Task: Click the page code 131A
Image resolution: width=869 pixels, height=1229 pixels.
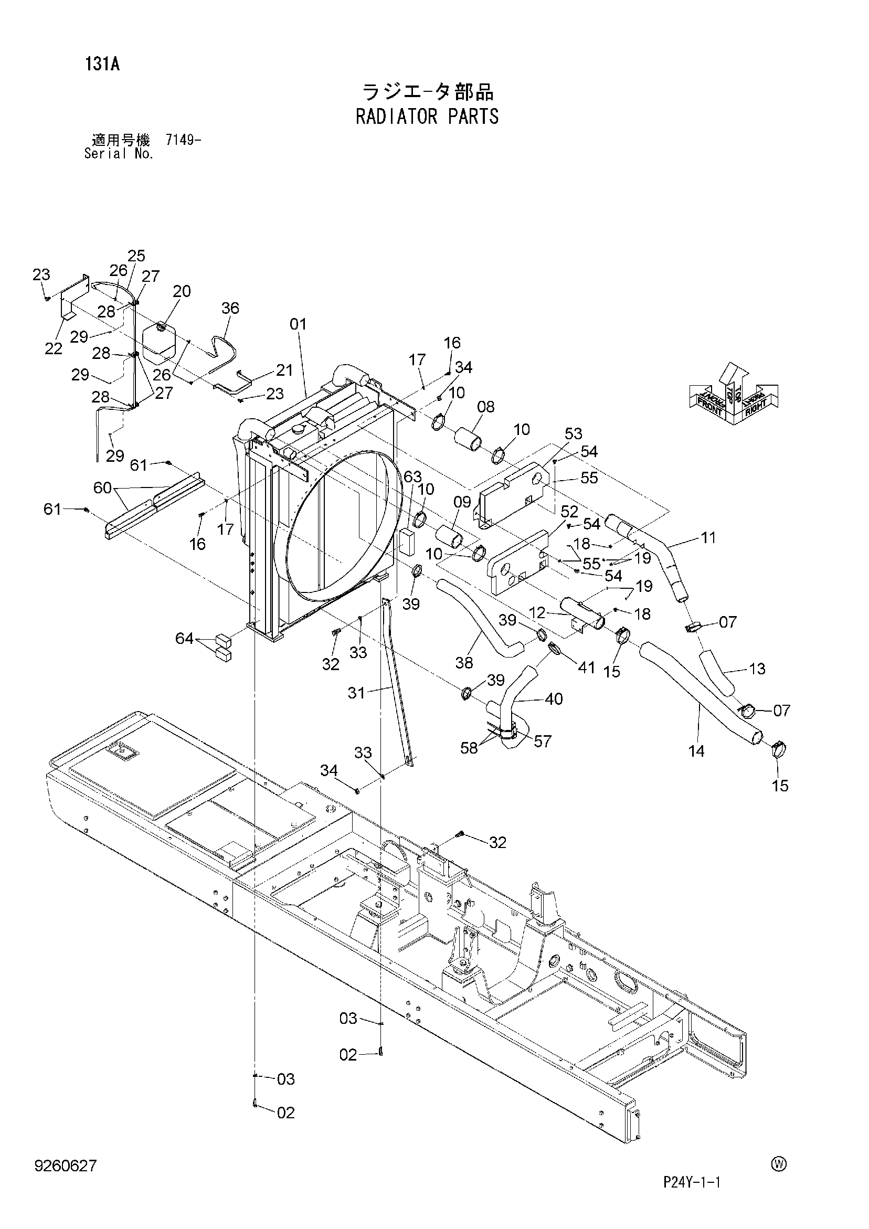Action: (x=102, y=64)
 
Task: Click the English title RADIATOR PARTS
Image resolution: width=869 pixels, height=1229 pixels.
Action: (x=427, y=116)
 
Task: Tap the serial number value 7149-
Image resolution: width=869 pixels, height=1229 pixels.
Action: (x=183, y=140)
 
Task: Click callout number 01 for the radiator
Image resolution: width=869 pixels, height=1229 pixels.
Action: (x=298, y=324)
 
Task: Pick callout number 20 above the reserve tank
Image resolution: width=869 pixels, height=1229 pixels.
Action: (x=182, y=291)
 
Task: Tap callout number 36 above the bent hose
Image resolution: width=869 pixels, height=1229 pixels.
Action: (x=230, y=308)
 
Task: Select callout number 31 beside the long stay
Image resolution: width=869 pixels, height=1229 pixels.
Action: (x=357, y=693)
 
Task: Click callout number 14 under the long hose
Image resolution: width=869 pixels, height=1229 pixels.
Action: (x=696, y=751)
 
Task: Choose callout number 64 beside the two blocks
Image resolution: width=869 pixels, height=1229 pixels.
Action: (x=184, y=638)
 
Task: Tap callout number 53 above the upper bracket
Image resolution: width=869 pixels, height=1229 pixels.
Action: (x=573, y=433)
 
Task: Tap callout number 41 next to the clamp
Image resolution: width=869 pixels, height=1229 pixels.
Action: (x=586, y=667)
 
